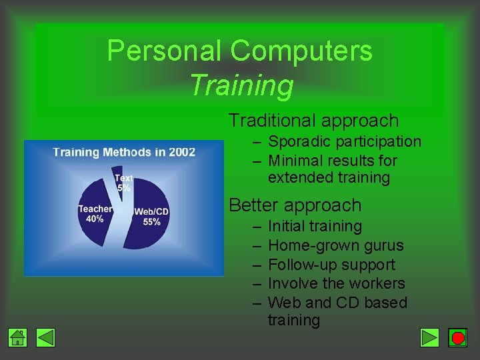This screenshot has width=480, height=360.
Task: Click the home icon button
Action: (18, 338)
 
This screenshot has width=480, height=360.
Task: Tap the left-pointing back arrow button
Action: (45, 338)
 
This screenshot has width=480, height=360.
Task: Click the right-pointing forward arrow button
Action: (430, 338)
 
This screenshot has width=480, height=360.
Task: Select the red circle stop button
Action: (457, 338)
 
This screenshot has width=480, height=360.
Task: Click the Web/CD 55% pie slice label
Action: (151, 217)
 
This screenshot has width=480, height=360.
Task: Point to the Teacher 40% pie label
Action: (95, 213)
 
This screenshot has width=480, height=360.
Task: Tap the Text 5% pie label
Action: (123, 183)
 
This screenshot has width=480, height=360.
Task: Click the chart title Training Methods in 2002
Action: (124, 152)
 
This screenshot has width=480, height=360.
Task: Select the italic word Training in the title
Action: (241, 85)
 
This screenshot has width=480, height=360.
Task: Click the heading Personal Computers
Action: (239, 51)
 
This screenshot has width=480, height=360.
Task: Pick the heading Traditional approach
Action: (313, 121)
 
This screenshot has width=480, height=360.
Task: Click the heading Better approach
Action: (295, 205)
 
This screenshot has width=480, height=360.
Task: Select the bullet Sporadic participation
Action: (345, 141)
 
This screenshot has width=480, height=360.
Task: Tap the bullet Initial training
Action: (315, 227)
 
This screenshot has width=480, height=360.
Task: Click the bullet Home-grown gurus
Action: (335, 245)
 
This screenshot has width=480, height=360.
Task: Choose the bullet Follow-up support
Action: (331, 265)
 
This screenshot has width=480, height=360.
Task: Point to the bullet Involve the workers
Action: (336, 283)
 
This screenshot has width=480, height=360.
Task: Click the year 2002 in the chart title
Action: (181, 152)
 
